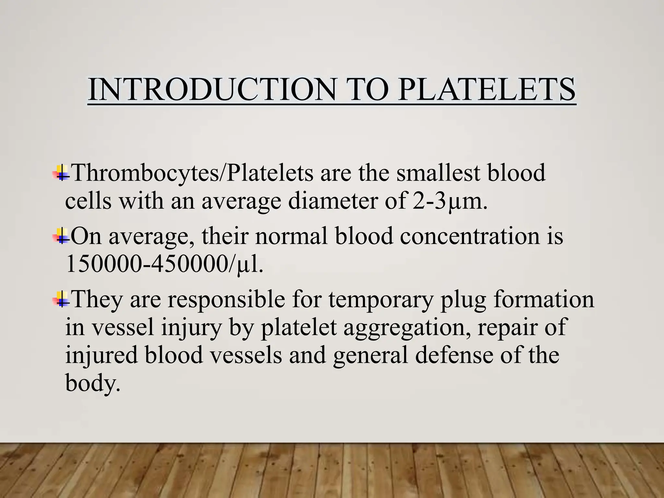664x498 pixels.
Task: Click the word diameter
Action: [x=333, y=201]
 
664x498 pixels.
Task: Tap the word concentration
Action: [x=470, y=236]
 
